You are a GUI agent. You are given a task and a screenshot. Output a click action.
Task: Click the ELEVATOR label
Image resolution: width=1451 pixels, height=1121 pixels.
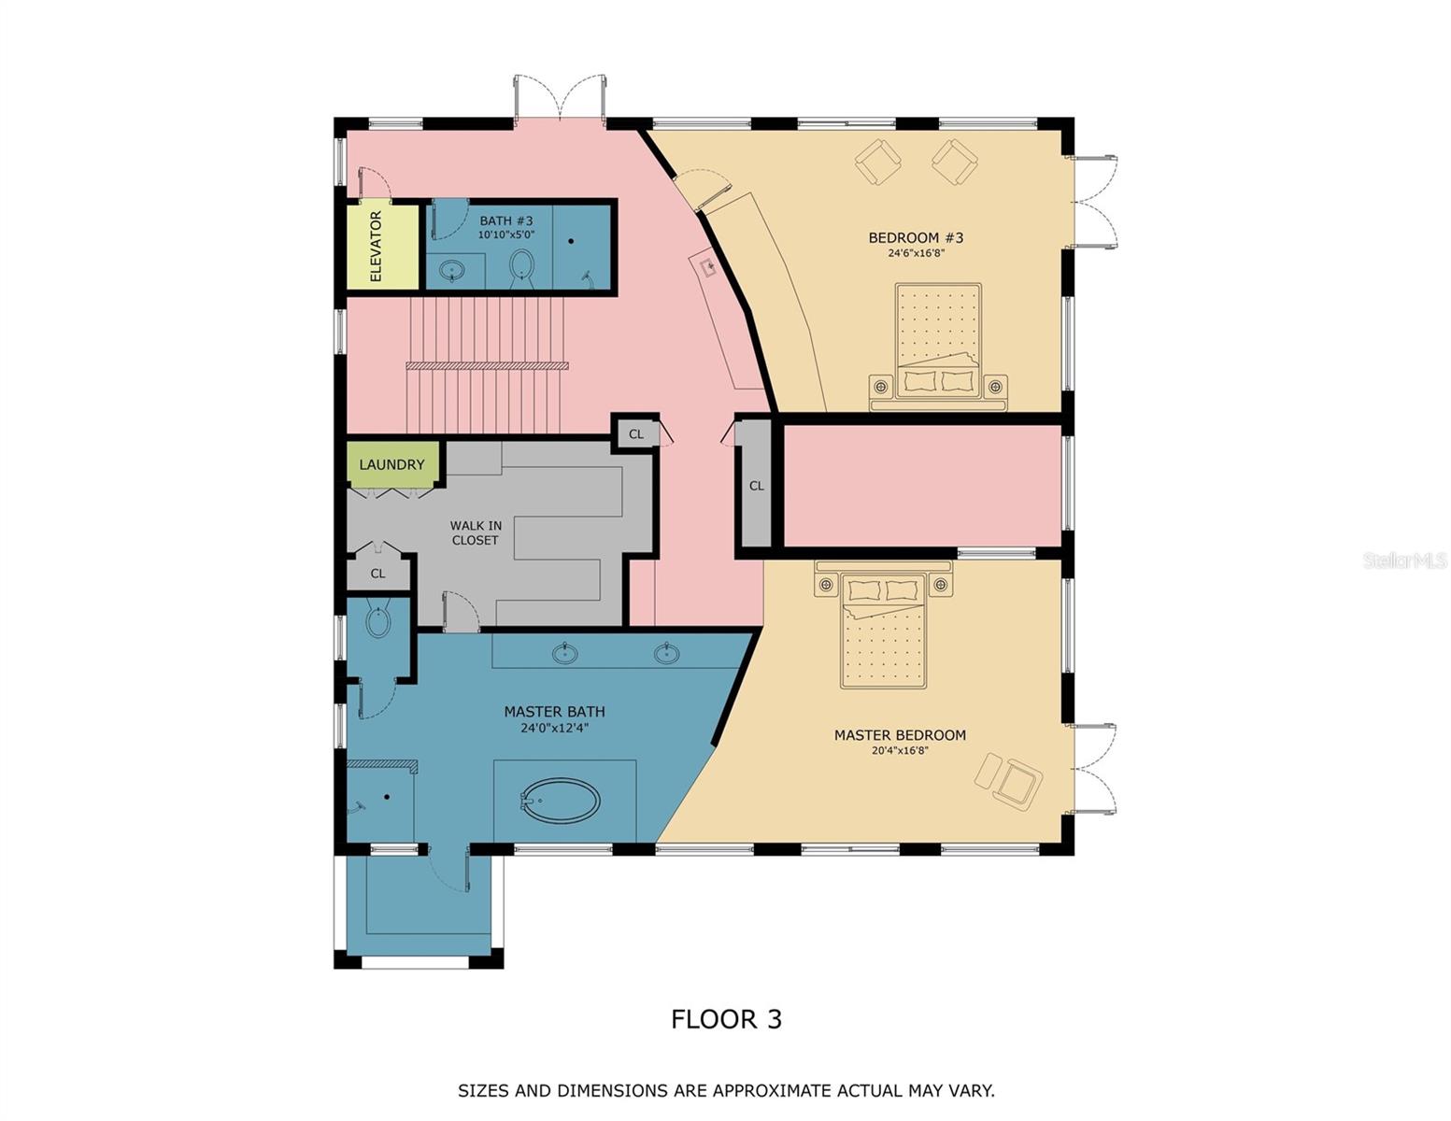click(377, 247)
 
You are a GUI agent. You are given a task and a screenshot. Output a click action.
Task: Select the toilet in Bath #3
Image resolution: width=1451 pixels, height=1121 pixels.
click(521, 267)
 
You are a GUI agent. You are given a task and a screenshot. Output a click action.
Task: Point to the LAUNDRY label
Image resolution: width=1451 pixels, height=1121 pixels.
click(391, 464)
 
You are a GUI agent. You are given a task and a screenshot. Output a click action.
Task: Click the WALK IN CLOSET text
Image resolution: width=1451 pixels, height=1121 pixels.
click(475, 532)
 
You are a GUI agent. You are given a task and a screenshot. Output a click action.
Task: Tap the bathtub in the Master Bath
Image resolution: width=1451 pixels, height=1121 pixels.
click(560, 801)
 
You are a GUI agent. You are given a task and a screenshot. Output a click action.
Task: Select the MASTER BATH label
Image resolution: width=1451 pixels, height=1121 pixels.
click(554, 711)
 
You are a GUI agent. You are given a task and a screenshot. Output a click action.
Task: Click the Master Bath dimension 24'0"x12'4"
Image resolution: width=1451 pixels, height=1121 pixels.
click(554, 728)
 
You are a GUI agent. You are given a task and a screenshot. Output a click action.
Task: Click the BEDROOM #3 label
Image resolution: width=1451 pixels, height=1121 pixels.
click(916, 237)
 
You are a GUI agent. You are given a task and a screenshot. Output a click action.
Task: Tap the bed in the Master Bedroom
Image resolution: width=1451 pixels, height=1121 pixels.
click(883, 631)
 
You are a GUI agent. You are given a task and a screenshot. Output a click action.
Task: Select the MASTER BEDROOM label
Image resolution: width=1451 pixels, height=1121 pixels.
click(900, 735)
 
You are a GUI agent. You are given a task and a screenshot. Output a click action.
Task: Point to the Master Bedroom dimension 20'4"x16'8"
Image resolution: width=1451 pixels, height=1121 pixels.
click(900, 750)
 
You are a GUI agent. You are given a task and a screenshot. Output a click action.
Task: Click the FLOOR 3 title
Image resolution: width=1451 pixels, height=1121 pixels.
click(726, 1018)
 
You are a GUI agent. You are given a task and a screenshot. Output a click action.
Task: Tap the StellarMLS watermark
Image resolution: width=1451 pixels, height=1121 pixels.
click(1404, 560)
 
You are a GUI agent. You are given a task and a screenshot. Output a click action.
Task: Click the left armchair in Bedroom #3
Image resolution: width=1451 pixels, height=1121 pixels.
click(879, 161)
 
